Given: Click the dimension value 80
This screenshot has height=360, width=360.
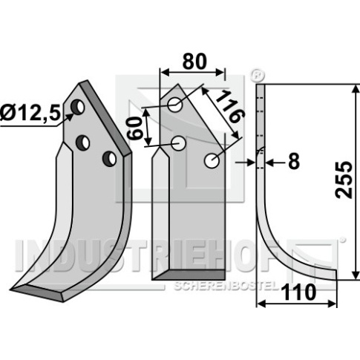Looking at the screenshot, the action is (194, 62).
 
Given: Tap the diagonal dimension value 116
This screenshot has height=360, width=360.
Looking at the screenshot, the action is (230, 107).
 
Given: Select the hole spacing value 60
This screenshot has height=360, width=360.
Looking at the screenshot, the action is (135, 128).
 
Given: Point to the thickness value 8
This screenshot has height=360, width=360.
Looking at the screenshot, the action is (294, 162).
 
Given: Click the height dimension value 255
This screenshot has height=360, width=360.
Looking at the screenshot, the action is (344, 180).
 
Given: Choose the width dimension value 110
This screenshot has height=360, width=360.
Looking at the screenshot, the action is (299, 292).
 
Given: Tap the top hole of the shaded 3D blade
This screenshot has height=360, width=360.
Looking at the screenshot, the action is (78, 107).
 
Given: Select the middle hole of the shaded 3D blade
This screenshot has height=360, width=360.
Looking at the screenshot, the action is (82, 143).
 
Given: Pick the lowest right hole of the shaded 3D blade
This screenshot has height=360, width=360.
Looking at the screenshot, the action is (109, 158).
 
